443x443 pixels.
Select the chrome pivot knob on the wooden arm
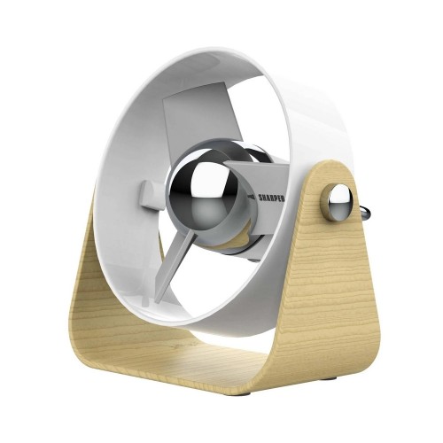point(338,203)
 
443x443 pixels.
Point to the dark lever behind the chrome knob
point(364,213)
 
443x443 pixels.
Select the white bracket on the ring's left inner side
point(150,192)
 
